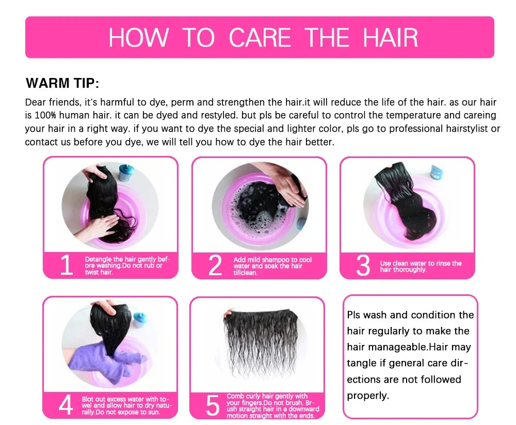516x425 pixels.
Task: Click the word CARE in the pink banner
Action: point(260,38)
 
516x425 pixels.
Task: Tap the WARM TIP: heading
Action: point(62,83)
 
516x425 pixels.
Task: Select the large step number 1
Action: point(67,265)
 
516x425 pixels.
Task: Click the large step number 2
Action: point(215,265)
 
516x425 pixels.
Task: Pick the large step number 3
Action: point(363,265)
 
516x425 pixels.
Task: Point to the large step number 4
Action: point(66,405)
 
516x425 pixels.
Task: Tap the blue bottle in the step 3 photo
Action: point(437,172)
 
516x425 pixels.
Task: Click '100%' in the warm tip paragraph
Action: point(45,115)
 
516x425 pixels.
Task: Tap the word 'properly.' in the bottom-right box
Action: point(368,396)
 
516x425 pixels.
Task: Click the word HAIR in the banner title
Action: point(391,38)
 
